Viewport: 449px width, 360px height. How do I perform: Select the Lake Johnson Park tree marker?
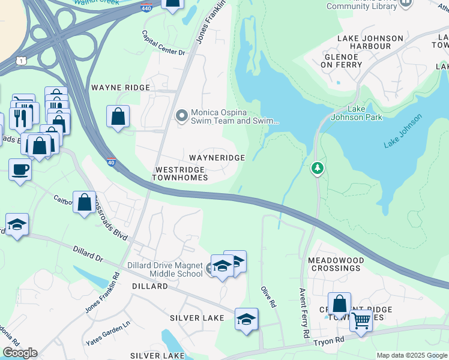[317, 169]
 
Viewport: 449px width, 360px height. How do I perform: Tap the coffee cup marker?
[20, 169]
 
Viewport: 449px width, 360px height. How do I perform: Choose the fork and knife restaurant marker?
[20, 116]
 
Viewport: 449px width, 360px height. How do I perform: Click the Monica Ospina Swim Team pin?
[182, 115]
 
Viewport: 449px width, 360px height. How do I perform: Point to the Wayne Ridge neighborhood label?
[120, 88]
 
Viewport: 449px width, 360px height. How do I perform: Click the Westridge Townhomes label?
[180, 174]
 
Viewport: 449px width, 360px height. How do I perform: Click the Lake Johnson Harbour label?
[370, 42]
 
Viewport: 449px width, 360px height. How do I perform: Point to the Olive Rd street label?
[268, 297]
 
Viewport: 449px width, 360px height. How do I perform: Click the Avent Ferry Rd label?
[304, 312]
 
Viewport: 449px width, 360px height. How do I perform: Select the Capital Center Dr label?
[163, 43]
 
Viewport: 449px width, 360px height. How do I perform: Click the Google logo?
[20, 353]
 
